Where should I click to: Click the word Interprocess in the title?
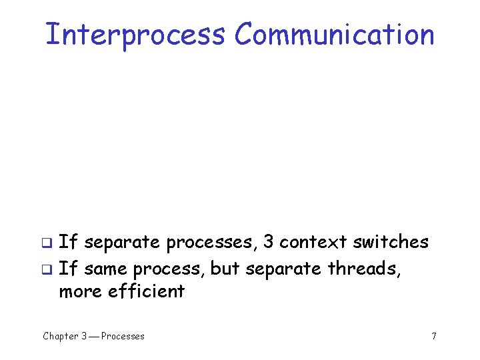tap(135, 35)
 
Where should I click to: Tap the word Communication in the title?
tap(334, 35)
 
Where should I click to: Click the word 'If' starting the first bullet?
tap(67, 241)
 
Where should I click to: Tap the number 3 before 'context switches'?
tap(268, 241)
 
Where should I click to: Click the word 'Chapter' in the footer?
tap(61, 336)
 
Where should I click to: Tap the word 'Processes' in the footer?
tap(123, 336)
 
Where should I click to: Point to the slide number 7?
tap(434, 336)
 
